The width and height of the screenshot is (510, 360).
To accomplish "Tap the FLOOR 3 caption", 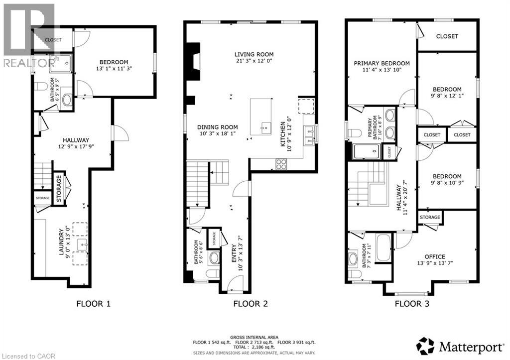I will click(412, 303).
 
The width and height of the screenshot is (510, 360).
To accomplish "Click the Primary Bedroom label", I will click(382, 63).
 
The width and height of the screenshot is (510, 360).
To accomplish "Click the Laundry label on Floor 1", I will click(62, 242).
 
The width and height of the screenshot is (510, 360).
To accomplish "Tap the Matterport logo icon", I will click(425, 345).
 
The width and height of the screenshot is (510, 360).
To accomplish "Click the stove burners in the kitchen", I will click(282, 163).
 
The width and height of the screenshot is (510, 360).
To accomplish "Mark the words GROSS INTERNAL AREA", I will click(255, 337).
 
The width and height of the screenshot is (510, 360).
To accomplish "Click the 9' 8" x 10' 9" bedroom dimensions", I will click(446, 183).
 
